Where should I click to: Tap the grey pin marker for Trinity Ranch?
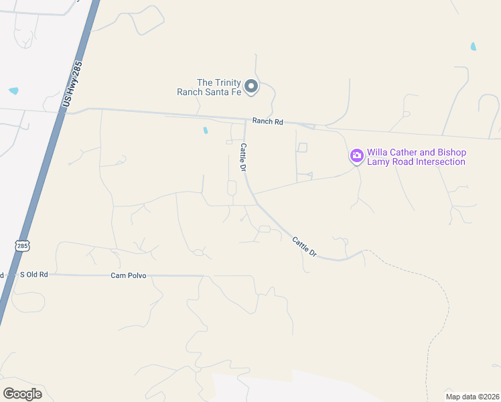coord(251,86)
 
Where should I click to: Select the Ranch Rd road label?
coord(268,121)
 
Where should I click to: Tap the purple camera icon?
coord(356,156)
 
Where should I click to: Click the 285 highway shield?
coord(23,246)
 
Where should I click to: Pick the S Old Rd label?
coord(34,275)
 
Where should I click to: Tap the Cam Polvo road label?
coord(129,275)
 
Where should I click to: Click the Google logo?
coord(22,393)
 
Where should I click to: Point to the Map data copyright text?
coord(472,396)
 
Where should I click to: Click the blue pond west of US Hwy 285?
coord(13,90)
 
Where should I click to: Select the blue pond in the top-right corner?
coord(474,47)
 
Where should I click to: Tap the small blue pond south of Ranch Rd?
coord(205,131)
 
